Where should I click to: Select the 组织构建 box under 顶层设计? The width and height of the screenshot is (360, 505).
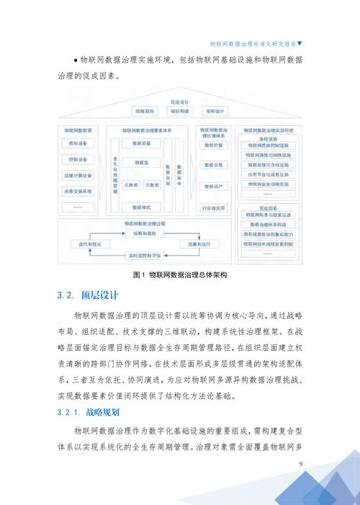pos(180,112)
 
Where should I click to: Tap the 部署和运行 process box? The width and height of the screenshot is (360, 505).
pos(203,245)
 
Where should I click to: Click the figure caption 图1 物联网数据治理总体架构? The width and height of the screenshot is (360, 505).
pos(180,276)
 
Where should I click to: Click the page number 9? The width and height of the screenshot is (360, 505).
pos(301,465)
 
